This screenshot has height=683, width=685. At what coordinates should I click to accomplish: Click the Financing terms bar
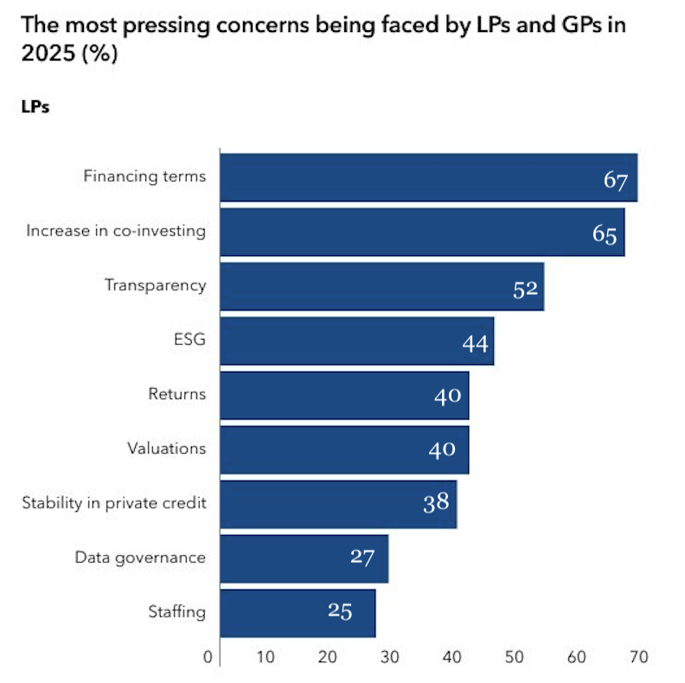pyautogui.click(x=428, y=177)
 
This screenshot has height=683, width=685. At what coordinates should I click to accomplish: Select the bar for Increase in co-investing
pyautogui.click(x=422, y=232)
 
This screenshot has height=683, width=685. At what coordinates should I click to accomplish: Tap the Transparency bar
pyautogui.click(x=381, y=286)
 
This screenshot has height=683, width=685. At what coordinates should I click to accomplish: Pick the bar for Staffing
pyautogui.click(x=298, y=613)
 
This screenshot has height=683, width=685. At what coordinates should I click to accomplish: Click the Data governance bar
pyautogui.click(x=304, y=559)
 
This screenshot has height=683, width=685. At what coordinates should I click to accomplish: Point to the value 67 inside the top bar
pyautogui.click(x=615, y=181)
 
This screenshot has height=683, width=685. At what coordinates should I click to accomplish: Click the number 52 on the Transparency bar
pyautogui.click(x=525, y=289)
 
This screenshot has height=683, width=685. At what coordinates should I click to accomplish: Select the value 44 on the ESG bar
pyautogui.click(x=476, y=343)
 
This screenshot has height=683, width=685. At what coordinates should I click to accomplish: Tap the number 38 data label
pyautogui.click(x=436, y=501)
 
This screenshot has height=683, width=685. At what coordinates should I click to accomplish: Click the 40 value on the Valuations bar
pyautogui.click(x=448, y=450)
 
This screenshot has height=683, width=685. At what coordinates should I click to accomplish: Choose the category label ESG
pyautogui.click(x=189, y=340)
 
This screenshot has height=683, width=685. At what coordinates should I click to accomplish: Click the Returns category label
pyautogui.click(x=177, y=394)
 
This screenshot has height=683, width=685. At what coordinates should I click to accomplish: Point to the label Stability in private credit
pyautogui.click(x=114, y=503)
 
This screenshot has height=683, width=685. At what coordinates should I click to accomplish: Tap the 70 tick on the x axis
pyautogui.click(x=639, y=657)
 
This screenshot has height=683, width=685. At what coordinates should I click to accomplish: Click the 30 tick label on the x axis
pyautogui.click(x=389, y=657)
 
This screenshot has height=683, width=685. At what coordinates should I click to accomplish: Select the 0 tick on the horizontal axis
pyautogui.click(x=208, y=657)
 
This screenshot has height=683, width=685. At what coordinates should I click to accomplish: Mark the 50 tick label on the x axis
pyautogui.click(x=515, y=657)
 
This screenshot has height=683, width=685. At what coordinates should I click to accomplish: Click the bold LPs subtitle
pyautogui.click(x=35, y=108)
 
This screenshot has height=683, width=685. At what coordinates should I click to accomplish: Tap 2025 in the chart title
pyautogui.click(x=45, y=54)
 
